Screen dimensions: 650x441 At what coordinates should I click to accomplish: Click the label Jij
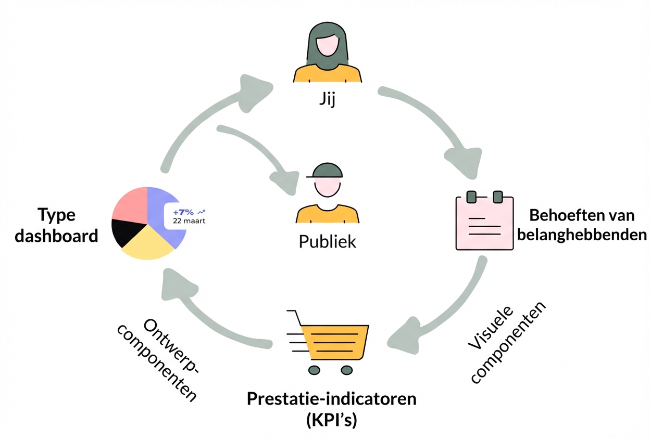tap(327, 99)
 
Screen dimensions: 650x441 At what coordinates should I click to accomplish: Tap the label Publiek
tap(327, 241)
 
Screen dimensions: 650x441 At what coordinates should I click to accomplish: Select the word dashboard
tap(56, 236)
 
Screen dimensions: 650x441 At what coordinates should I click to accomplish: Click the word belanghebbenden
tap(582, 235)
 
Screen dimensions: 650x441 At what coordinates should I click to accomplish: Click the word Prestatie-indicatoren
tap(332, 399)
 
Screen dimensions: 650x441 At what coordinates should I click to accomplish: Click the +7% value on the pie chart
tap(183, 212)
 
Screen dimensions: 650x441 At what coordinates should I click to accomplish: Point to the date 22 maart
tap(189, 221)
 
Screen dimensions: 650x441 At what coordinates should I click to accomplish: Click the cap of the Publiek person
tap(325, 171)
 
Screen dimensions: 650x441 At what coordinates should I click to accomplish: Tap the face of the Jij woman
tap(328, 45)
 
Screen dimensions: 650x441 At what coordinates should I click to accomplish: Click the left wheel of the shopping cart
tap(314, 370)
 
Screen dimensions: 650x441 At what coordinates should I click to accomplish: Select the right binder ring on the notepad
tap(498, 197)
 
